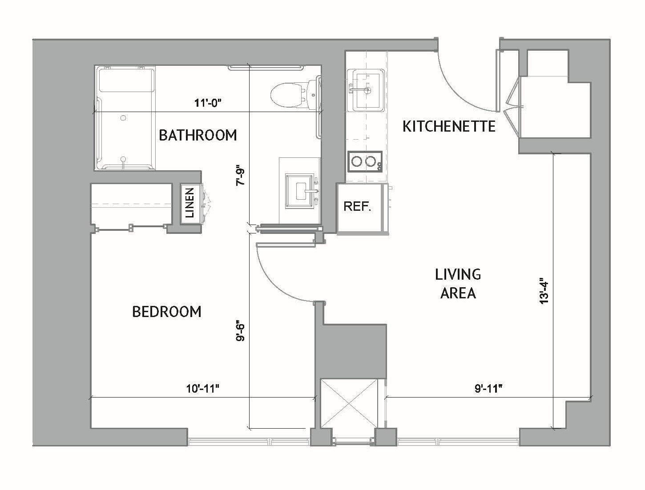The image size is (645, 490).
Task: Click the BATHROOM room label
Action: [x=198, y=135]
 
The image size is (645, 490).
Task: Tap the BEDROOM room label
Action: [x=167, y=312]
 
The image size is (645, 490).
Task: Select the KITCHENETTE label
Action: [x=449, y=126]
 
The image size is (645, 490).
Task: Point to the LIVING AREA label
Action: [x=458, y=283]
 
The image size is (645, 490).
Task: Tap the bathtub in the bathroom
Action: [x=125, y=118]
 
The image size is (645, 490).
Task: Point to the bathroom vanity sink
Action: [x=301, y=190]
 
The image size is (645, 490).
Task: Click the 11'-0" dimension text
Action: [x=208, y=104]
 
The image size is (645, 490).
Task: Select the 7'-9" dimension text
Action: [x=241, y=176]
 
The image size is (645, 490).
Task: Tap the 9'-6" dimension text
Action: [x=241, y=331]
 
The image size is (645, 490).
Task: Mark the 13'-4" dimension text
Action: [x=544, y=291]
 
